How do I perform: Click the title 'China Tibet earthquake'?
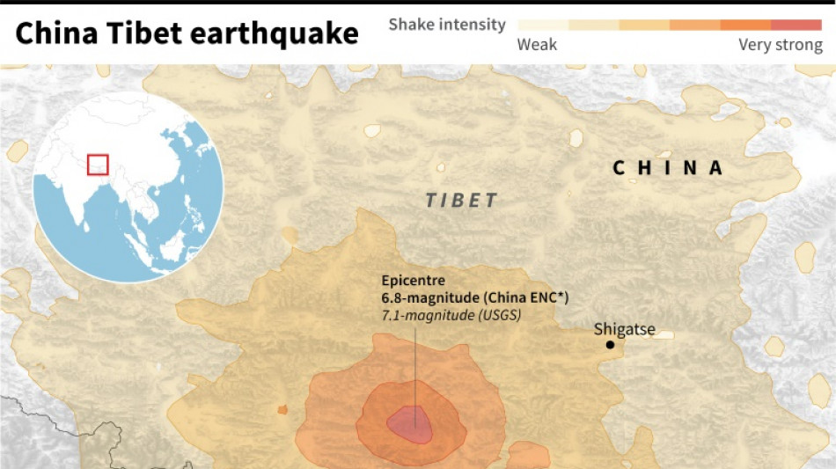[187, 33]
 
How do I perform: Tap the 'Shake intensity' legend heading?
[447, 25]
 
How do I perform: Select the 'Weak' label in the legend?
[537, 45]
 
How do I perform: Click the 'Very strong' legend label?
[780, 45]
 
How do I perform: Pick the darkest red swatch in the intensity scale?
[796, 25]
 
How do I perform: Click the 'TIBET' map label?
[462, 201]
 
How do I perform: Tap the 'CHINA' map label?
[668, 167]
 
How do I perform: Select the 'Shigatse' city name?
[624, 329]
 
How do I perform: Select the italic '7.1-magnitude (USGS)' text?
[451, 313]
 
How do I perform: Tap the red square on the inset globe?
[98, 165]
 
